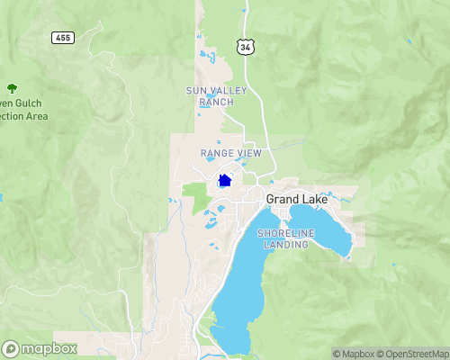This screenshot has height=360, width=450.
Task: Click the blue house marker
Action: click(x=225, y=180)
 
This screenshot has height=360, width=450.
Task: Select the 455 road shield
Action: click(x=62, y=39)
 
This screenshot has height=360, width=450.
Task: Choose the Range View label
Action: click(x=230, y=154)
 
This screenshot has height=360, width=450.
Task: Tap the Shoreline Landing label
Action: click(x=286, y=238)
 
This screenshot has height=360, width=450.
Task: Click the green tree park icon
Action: click(x=12, y=87)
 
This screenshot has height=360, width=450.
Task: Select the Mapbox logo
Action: click(x=40, y=348)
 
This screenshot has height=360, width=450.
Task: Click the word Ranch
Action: click(x=216, y=102)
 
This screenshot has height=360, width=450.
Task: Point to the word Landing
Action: click(x=286, y=245)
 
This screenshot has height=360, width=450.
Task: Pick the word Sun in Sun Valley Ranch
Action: click(x=195, y=91)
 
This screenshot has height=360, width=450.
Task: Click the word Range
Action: click(x=217, y=154)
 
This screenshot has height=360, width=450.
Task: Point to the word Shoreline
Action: click(x=286, y=233)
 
